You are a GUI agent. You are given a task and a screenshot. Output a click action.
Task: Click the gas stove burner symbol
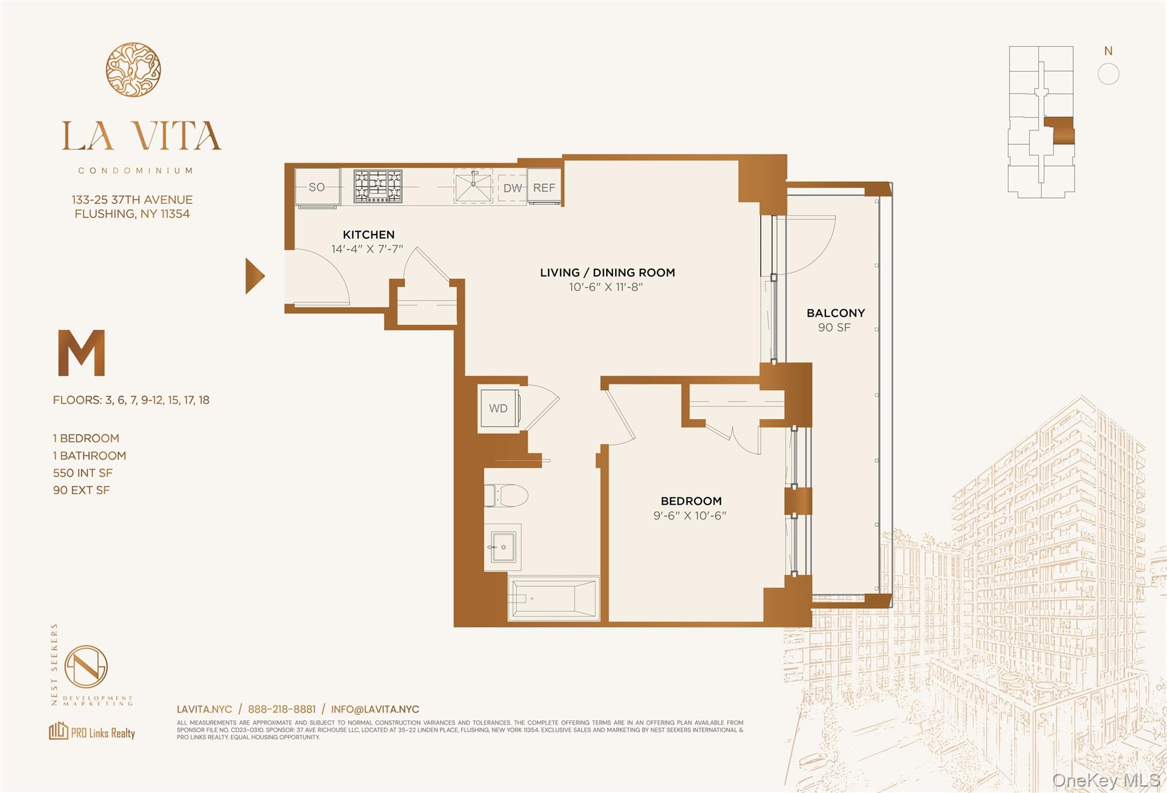378,186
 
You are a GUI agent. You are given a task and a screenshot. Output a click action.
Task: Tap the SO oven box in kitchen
317,187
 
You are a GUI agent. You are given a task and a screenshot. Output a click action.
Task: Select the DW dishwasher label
512,188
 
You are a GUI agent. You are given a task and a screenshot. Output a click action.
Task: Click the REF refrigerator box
544,187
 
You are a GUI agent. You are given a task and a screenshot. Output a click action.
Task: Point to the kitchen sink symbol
473,186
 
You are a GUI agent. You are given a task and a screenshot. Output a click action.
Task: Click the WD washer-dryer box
499,408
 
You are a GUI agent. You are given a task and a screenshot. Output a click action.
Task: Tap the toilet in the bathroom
506,495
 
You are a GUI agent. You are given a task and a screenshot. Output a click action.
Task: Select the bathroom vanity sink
503,547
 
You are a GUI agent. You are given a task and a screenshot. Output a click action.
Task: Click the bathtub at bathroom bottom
553,599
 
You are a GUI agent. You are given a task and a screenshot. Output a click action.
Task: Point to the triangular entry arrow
254,276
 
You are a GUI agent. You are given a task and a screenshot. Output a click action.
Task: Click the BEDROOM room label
691,501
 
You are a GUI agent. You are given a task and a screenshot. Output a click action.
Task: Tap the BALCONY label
835,313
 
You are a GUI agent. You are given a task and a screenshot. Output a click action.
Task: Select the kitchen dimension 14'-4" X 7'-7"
367,249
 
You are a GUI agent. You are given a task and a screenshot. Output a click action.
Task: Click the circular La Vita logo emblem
133,70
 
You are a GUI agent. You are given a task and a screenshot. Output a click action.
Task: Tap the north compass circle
1108,74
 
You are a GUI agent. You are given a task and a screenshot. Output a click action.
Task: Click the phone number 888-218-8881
281,709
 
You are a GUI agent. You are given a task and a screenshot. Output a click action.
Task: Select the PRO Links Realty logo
92,731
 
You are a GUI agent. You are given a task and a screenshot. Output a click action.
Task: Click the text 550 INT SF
83,473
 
